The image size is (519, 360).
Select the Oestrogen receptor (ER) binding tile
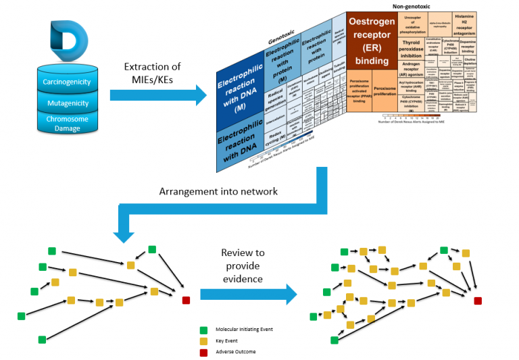(371, 41)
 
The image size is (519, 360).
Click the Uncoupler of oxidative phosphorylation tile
(412, 24)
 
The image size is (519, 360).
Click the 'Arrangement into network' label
(218, 191)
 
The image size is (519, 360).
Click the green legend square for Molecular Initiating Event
(204, 330)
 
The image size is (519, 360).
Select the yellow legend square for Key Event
(204, 341)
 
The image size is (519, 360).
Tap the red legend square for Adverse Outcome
(204, 352)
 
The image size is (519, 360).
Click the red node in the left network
(186, 300)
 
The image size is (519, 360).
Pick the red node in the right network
(478, 301)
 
